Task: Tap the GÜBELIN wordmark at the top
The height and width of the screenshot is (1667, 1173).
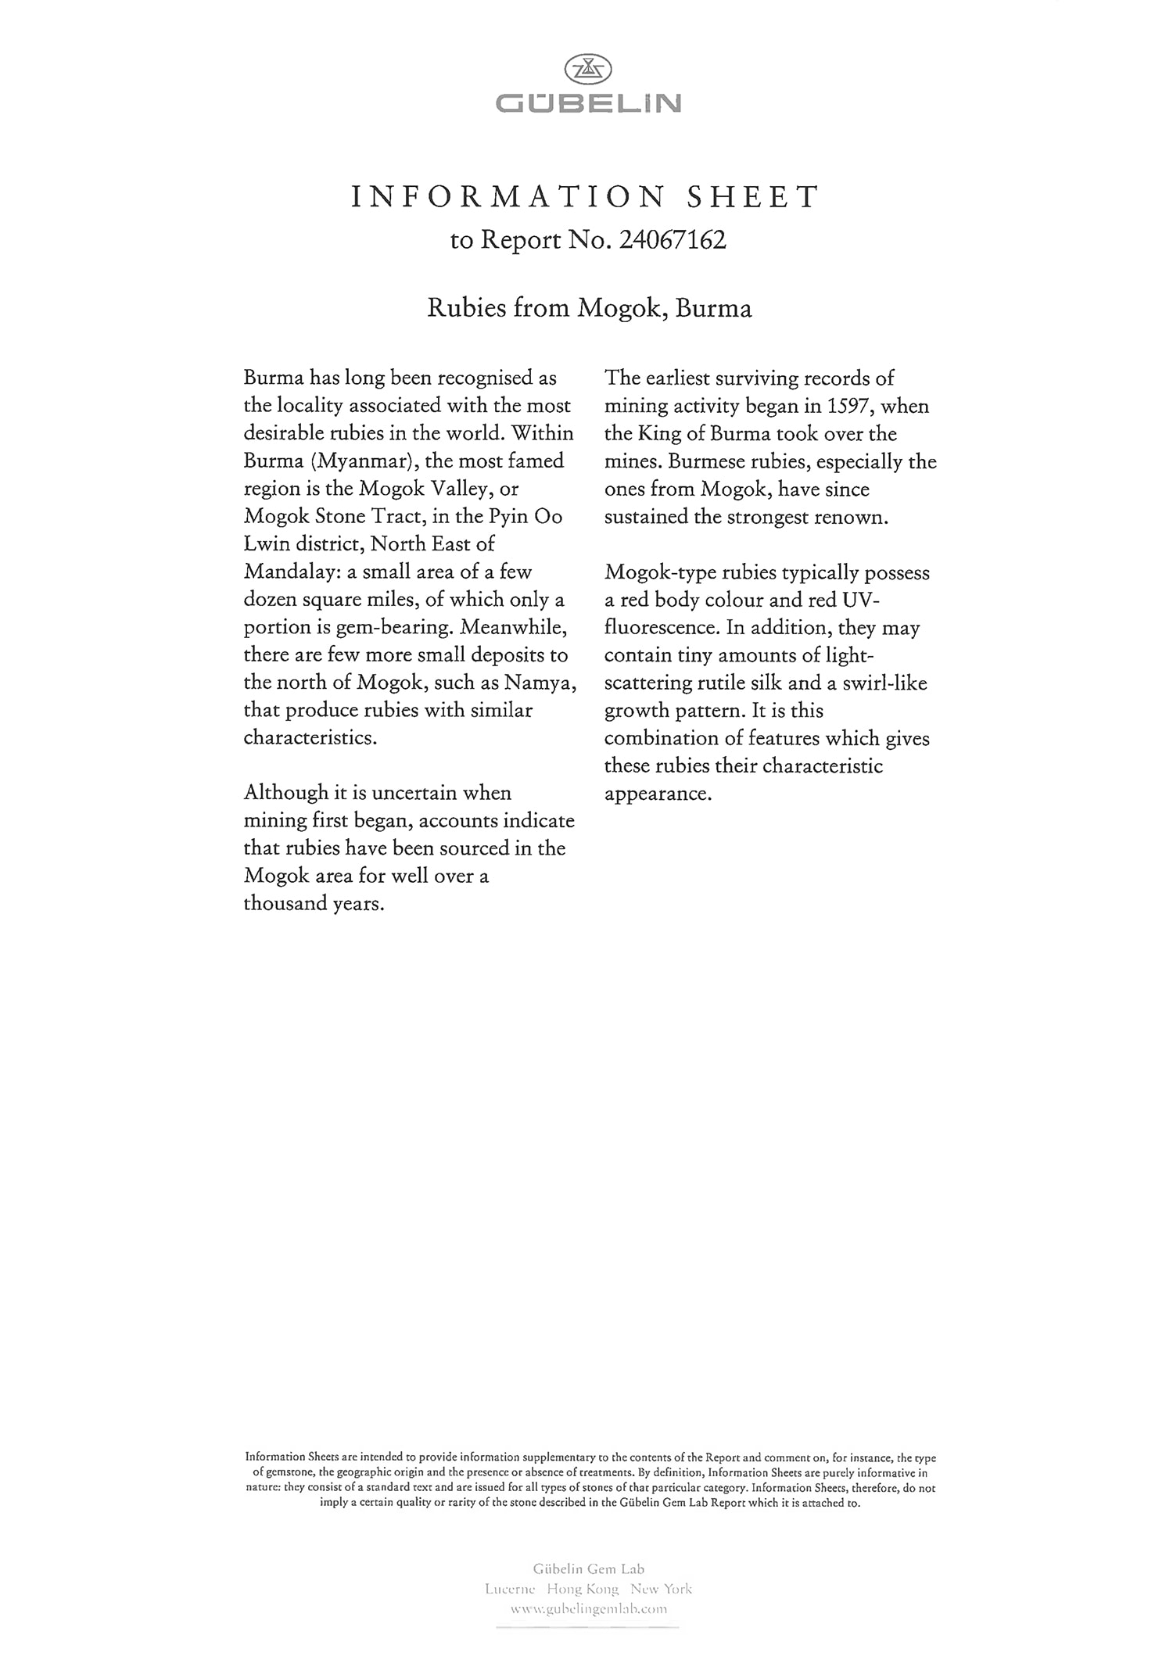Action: point(588,103)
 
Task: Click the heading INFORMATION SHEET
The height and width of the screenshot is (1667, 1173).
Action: point(586,196)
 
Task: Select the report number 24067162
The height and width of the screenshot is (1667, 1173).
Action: point(672,240)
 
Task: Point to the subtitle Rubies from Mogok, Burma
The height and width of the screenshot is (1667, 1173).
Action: point(589,308)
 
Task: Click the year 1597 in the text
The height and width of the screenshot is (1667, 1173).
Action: point(848,406)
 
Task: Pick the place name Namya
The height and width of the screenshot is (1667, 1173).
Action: point(540,683)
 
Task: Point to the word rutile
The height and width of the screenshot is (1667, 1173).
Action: point(724,683)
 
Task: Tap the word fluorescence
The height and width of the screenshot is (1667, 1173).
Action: point(662,628)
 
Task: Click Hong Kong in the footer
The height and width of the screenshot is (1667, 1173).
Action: point(583,1589)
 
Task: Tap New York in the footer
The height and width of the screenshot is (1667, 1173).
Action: point(661,1589)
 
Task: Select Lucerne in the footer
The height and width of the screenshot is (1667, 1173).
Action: point(510,1589)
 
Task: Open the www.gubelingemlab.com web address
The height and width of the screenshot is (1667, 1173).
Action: point(588,1609)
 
